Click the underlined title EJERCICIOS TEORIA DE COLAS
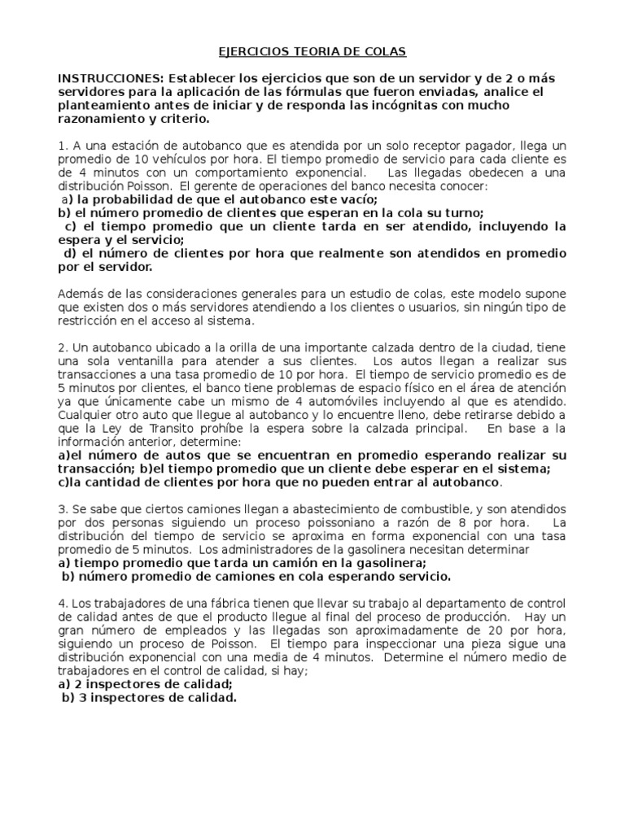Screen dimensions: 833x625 312,52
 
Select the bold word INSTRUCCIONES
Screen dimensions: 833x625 108,78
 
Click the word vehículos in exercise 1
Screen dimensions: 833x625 175,159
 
